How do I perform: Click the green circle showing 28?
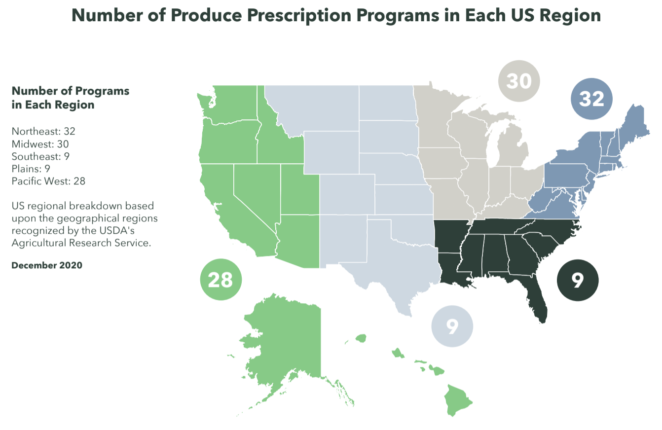pyautogui.click(x=221, y=280)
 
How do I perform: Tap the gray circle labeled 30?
pyautogui.click(x=519, y=81)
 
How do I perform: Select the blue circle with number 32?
pyautogui.click(x=591, y=99)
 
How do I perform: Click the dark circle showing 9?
pyautogui.click(x=577, y=280)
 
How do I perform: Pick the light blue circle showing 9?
pyautogui.click(x=452, y=325)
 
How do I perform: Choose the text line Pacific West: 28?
pyautogui.click(x=48, y=181)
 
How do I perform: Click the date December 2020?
pyautogui.click(x=47, y=265)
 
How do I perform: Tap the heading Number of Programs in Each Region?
pyautogui.click(x=70, y=98)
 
